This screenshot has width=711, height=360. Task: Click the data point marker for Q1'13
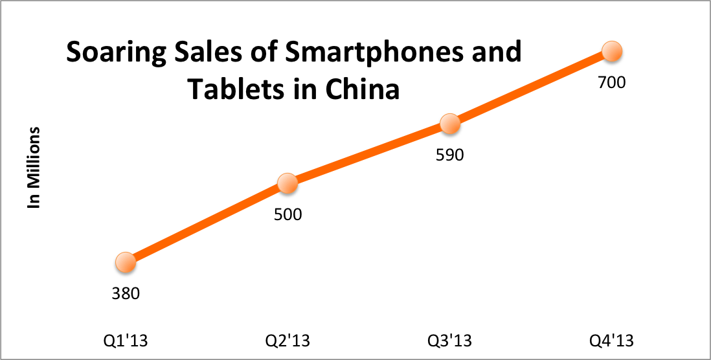126,262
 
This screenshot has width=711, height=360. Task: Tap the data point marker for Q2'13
288,184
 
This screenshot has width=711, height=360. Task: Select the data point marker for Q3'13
449,124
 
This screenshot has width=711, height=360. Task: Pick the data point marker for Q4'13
611,51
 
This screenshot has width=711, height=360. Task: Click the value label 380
126,293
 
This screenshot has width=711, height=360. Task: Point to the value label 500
288,214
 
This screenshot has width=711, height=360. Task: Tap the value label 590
450,155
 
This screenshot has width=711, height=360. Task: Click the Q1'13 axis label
126,341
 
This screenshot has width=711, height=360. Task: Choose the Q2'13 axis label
288,341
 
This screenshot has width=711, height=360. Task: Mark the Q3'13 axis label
449,341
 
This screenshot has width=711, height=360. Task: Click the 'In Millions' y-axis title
34,168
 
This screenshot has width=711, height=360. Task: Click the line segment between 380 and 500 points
207,223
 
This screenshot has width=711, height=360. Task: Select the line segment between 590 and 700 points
530,88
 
